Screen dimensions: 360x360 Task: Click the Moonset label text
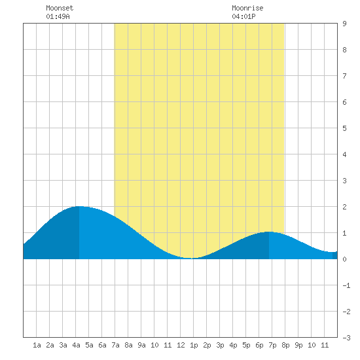tap(60, 8)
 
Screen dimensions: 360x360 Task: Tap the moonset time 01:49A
tap(58, 16)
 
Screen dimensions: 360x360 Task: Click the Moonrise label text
tap(247, 8)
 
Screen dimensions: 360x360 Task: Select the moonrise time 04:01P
tap(243, 16)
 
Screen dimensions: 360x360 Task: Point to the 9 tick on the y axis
tap(344, 24)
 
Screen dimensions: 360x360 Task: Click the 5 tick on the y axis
tap(344, 128)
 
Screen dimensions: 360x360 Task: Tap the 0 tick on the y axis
tap(344, 259)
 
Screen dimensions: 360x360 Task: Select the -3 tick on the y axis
tap(346, 338)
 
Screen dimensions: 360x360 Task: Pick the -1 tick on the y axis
tap(346, 285)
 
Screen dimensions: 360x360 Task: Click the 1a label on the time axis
tap(37, 345)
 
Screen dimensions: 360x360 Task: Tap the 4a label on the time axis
tap(76, 345)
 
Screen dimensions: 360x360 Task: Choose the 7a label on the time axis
tap(115, 345)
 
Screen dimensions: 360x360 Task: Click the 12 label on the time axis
tap(181, 345)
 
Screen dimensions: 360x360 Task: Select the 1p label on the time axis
tap(194, 345)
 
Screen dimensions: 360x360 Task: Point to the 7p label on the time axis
tap(272, 345)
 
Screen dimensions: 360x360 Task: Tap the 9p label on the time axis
tap(298, 345)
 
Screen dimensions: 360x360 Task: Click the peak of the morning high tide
tap(79, 206)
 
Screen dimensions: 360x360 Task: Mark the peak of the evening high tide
tap(269, 232)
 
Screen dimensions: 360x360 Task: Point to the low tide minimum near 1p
tap(192, 259)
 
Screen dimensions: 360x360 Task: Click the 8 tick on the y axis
tap(344, 50)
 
